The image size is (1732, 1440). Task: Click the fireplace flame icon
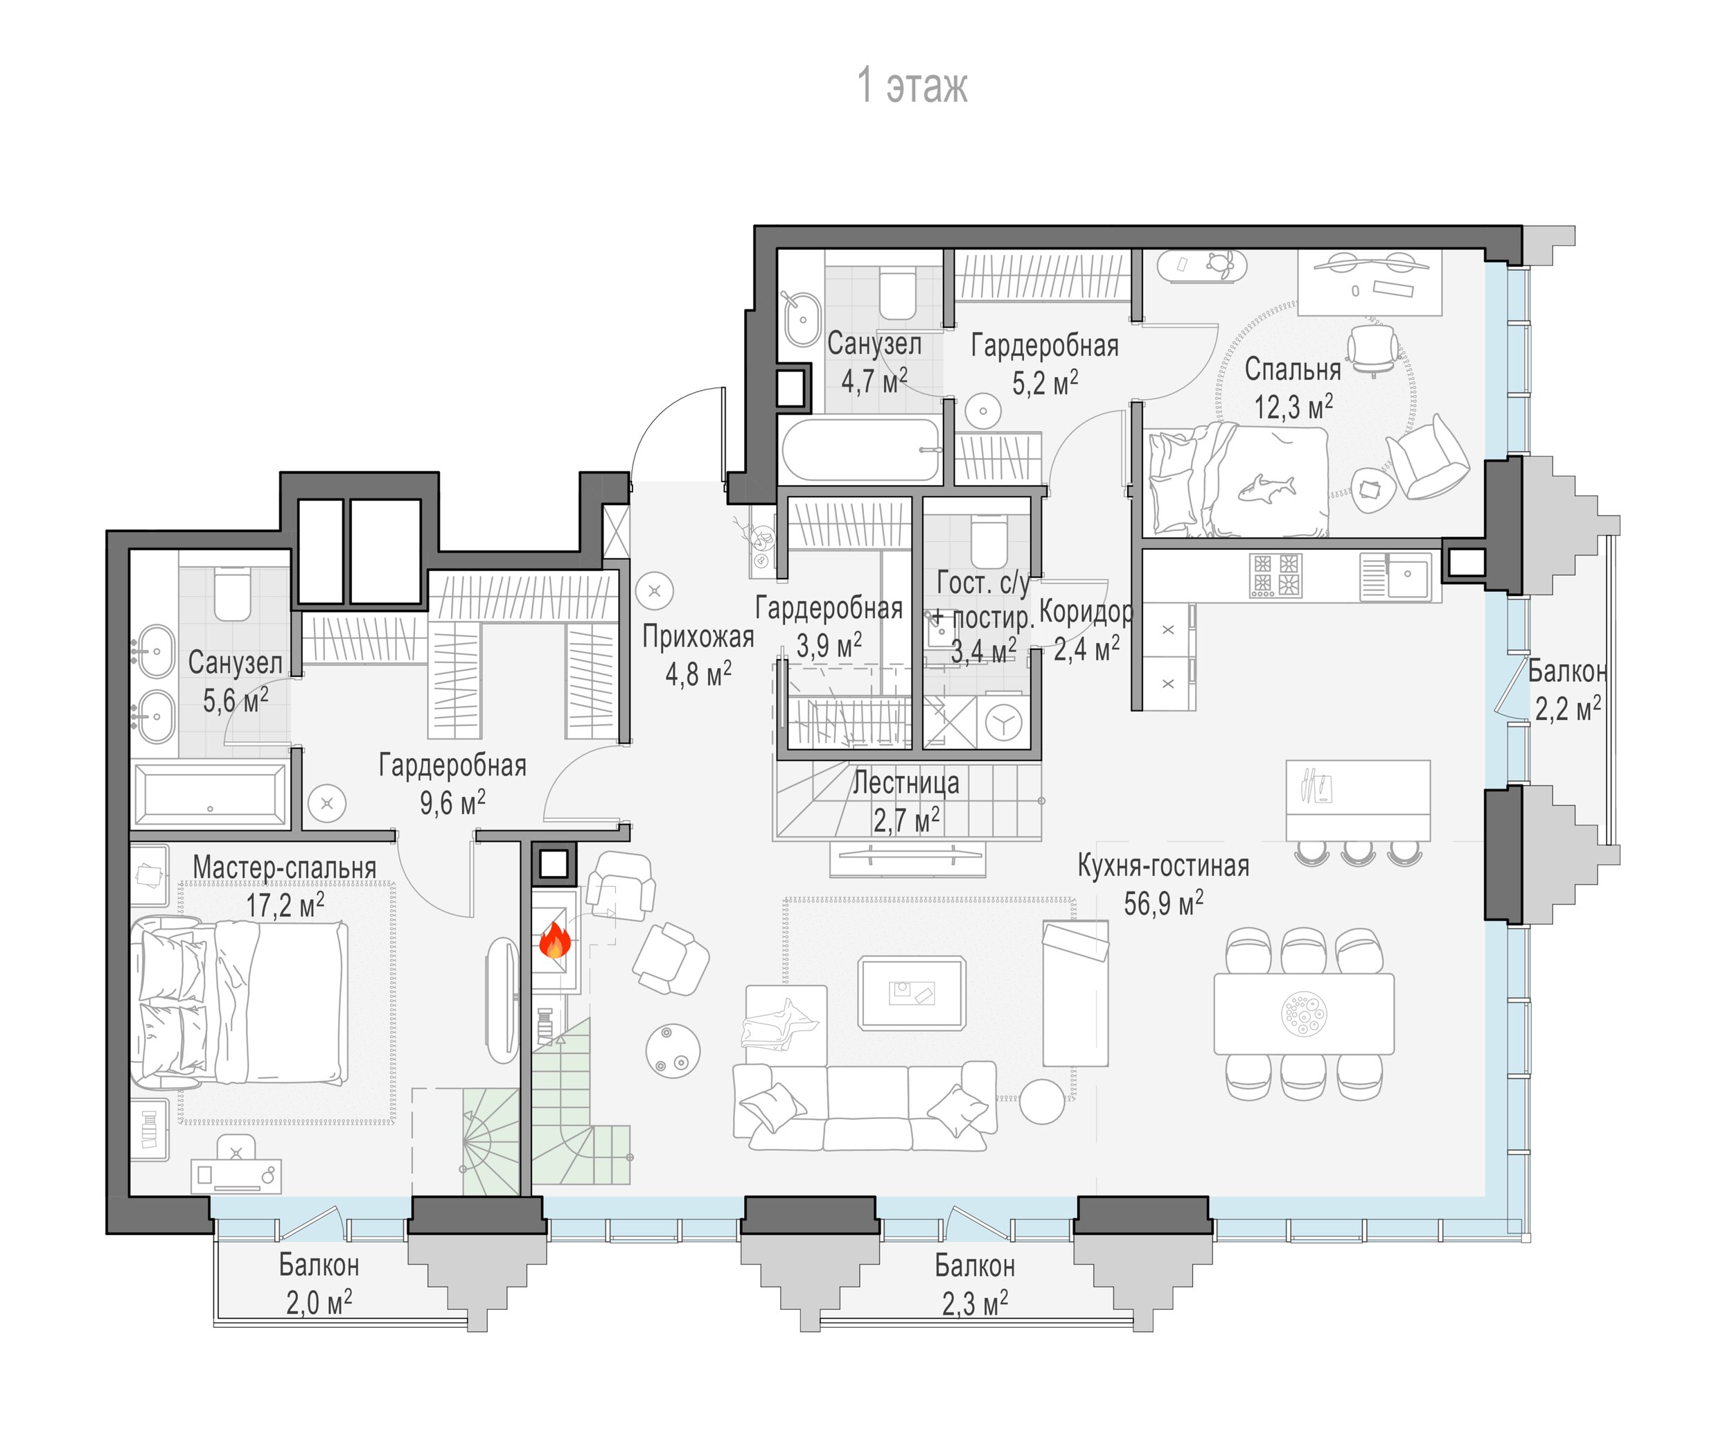(x=555, y=940)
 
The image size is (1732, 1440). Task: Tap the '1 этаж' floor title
(x=912, y=86)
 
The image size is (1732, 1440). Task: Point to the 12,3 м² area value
(x=1293, y=406)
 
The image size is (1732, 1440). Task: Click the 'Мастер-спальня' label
(x=285, y=868)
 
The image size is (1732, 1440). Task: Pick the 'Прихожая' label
(x=698, y=637)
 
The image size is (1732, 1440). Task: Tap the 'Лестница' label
(x=905, y=782)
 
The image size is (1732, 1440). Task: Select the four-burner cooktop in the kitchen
(x=1275, y=575)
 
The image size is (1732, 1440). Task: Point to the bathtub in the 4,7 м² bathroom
(x=860, y=450)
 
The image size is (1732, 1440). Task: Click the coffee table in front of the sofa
(x=911, y=993)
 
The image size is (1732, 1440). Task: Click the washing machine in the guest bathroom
(x=1003, y=723)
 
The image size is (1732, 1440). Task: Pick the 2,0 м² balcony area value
(x=319, y=1302)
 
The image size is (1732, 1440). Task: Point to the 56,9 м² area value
(x=1163, y=903)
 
